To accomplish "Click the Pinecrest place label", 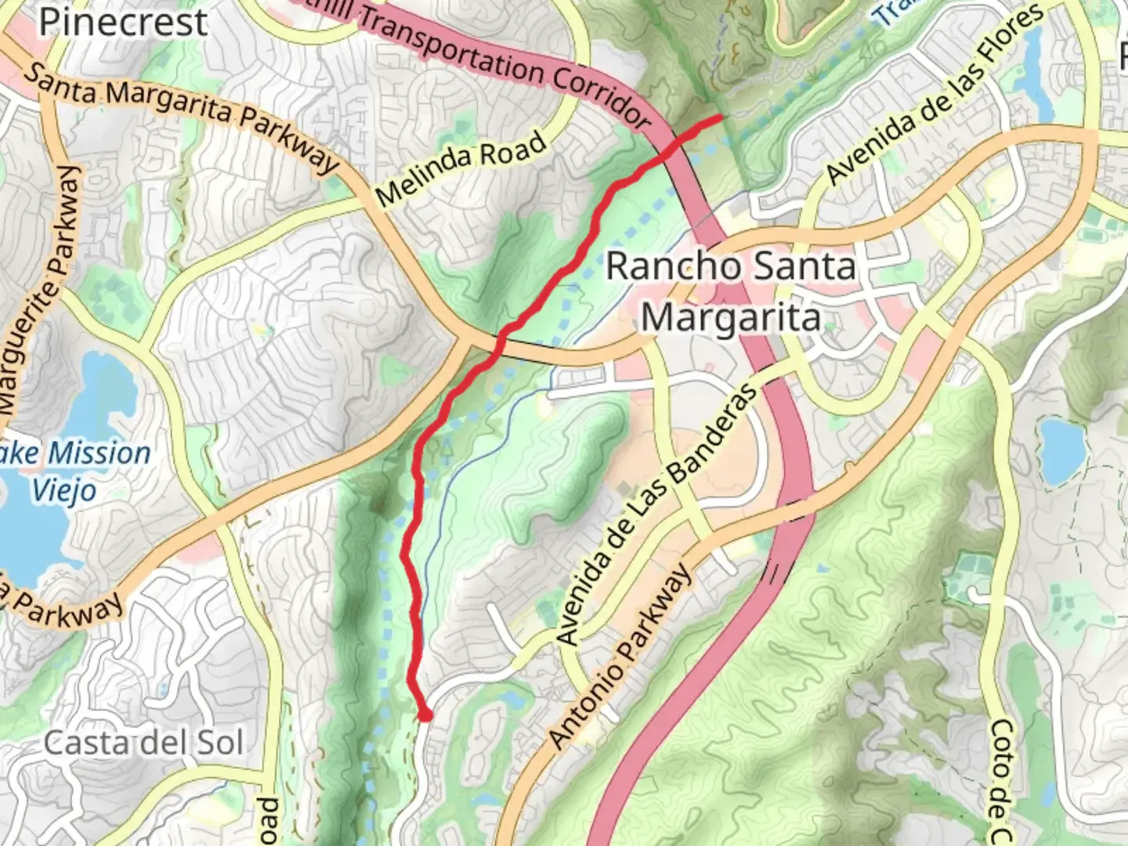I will tap(123, 21).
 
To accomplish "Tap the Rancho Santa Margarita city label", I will tap(731, 291).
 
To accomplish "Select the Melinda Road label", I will tap(461, 168).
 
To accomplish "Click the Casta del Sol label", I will tap(143, 743).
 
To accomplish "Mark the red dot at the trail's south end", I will tap(425, 714).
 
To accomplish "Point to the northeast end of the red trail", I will tap(718, 117).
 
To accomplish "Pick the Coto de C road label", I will tap(1000, 783).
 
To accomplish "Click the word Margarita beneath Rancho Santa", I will tap(731, 318).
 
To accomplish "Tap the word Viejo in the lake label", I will tap(64, 490).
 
